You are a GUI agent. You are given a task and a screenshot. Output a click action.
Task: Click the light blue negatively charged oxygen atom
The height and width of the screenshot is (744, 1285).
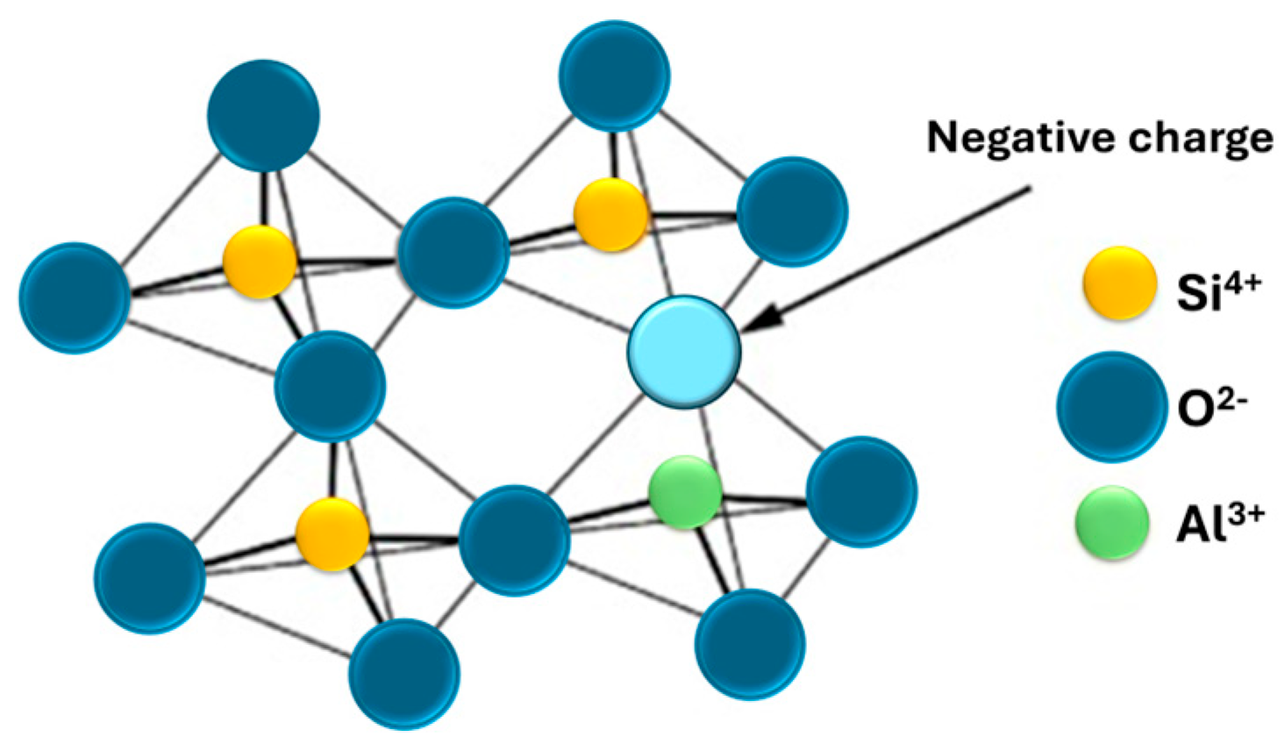tap(684, 352)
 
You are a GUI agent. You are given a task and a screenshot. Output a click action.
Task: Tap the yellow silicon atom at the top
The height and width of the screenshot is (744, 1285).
tap(610, 214)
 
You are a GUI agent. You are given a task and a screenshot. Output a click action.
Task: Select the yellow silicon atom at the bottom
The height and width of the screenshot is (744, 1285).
tap(332, 533)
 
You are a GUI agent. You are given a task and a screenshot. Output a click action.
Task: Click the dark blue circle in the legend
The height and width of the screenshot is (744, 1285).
tap(1111, 406)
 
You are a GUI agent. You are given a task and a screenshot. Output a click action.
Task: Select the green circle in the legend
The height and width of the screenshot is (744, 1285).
tap(1112, 523)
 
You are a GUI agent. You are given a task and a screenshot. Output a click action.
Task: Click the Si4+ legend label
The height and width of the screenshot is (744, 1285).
tap(1217, 290)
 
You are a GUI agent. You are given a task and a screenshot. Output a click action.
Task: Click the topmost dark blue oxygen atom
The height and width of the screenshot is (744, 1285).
tap(614, 75)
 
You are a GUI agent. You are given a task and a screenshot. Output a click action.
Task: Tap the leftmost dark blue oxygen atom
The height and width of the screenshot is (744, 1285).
tap(75, 297)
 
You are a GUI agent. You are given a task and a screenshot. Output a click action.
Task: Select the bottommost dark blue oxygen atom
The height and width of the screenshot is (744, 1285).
tap(403, 673)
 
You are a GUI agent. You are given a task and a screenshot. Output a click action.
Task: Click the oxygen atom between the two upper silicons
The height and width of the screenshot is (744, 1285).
tap(453, 252)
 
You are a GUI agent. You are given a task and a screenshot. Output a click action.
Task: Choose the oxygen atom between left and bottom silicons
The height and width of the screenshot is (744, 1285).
tap(330, 386)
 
